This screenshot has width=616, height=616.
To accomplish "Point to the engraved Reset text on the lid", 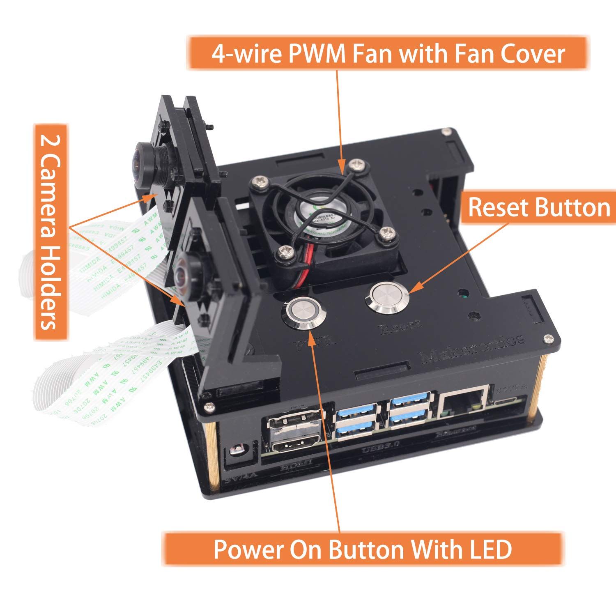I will (401, 327).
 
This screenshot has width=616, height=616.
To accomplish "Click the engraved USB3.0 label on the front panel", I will (378, 453).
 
